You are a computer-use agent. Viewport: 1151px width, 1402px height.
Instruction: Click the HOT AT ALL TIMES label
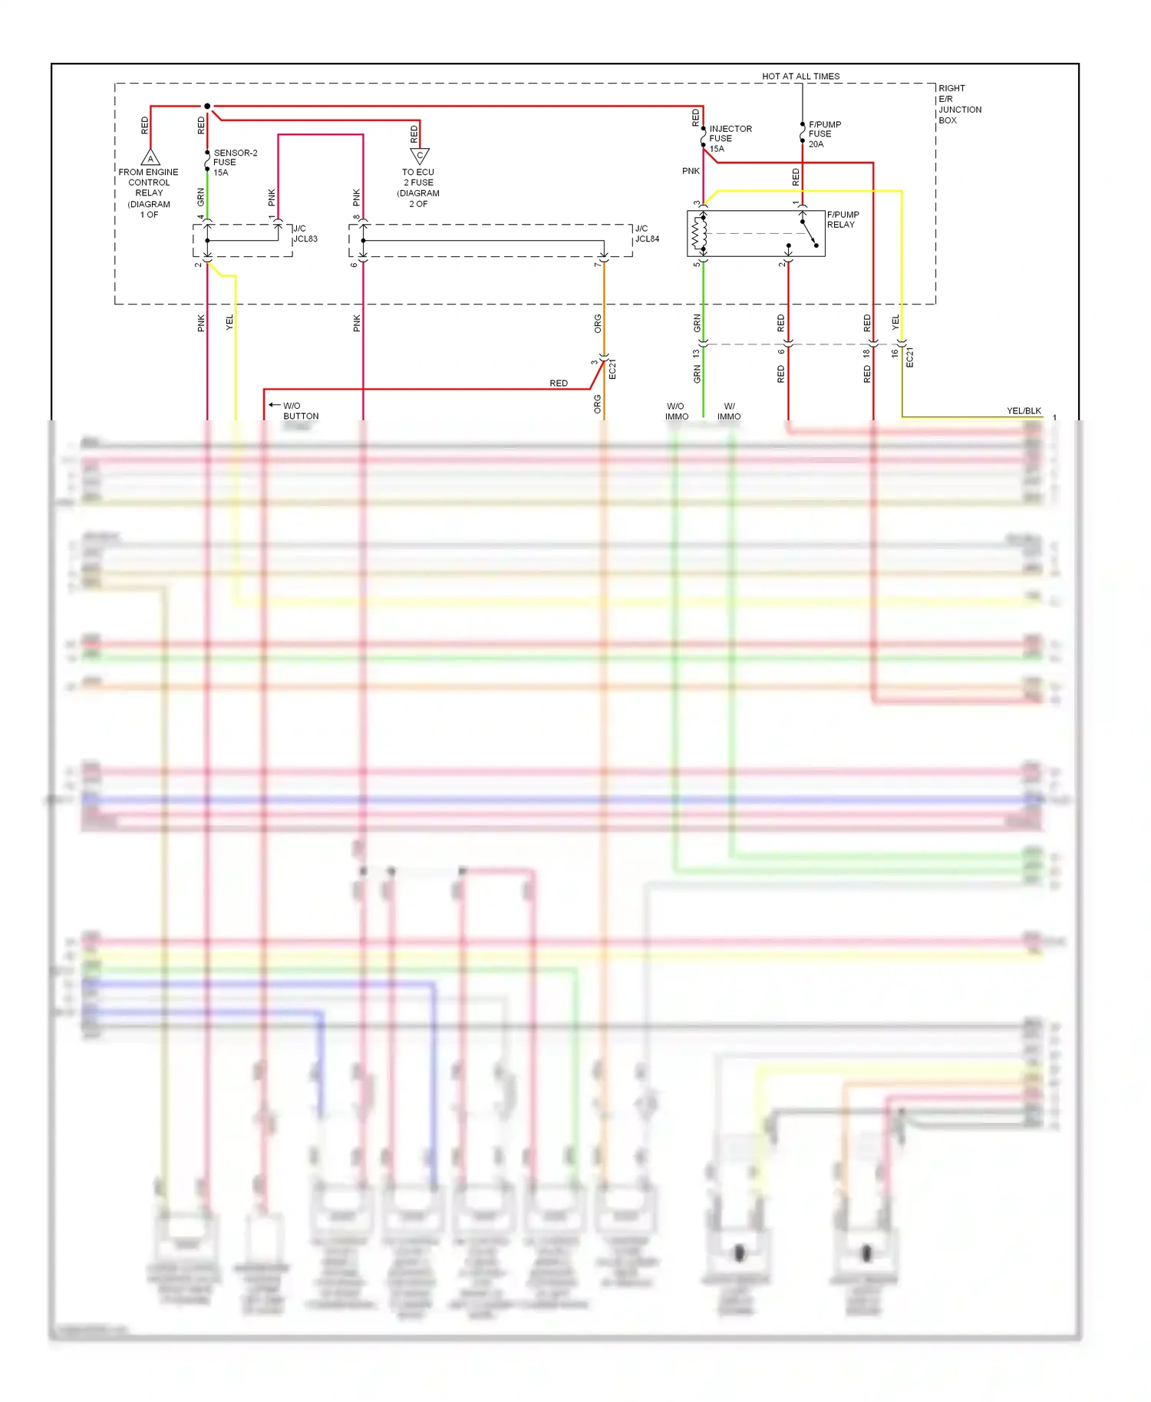pos(800,76)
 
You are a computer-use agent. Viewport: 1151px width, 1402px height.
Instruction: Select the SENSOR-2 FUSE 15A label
pos(234,163)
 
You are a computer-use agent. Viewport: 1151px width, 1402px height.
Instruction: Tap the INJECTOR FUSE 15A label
pos(730,139)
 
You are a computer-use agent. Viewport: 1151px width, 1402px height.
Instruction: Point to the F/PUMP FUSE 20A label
pos(824,134)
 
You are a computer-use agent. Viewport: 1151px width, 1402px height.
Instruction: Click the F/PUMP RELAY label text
pos(843,219)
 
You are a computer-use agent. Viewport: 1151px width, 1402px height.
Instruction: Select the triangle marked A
pos(150,158)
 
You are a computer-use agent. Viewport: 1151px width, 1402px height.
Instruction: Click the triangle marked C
pos(420,156)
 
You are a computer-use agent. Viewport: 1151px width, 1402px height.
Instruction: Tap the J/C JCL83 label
pos(305,234)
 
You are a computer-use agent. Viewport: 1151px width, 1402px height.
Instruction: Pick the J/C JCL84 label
pos(646,234)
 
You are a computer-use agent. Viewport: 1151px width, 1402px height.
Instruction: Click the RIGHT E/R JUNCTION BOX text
pos(959,104)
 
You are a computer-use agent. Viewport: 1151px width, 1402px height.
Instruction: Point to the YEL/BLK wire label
pos(1024,411)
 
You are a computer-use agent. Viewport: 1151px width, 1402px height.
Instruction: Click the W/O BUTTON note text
pos(300,411)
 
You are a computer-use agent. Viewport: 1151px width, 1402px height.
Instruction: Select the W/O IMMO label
pos(676,411)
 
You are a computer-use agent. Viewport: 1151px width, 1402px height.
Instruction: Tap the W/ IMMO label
pos(729,411)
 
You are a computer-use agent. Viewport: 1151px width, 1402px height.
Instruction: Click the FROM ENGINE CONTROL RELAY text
pos(149,188)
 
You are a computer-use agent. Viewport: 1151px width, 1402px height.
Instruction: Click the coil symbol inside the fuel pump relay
pos(699,233)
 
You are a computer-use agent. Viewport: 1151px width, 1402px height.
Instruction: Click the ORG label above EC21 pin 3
pos(598,324)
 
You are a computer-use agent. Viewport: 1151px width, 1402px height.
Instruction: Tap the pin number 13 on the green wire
pos(696,354)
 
